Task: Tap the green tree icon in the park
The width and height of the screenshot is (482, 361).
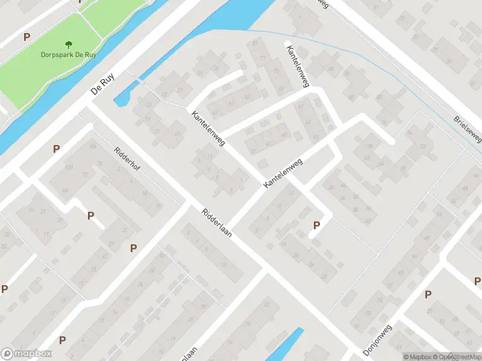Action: point(68,43)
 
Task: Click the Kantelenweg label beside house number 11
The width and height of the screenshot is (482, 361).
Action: point(208,128)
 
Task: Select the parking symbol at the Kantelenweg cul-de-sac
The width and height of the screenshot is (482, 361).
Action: point(316,226)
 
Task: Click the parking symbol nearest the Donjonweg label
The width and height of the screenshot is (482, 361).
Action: point(428,294)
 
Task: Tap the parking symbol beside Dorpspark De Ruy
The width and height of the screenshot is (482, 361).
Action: point(27,37)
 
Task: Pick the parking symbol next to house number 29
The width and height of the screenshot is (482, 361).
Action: point(133,247)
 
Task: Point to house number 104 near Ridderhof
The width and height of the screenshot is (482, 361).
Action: point(92,147)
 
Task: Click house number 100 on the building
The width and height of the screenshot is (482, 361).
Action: point(69,167)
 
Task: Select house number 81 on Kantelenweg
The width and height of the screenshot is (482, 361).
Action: point(256,43)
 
